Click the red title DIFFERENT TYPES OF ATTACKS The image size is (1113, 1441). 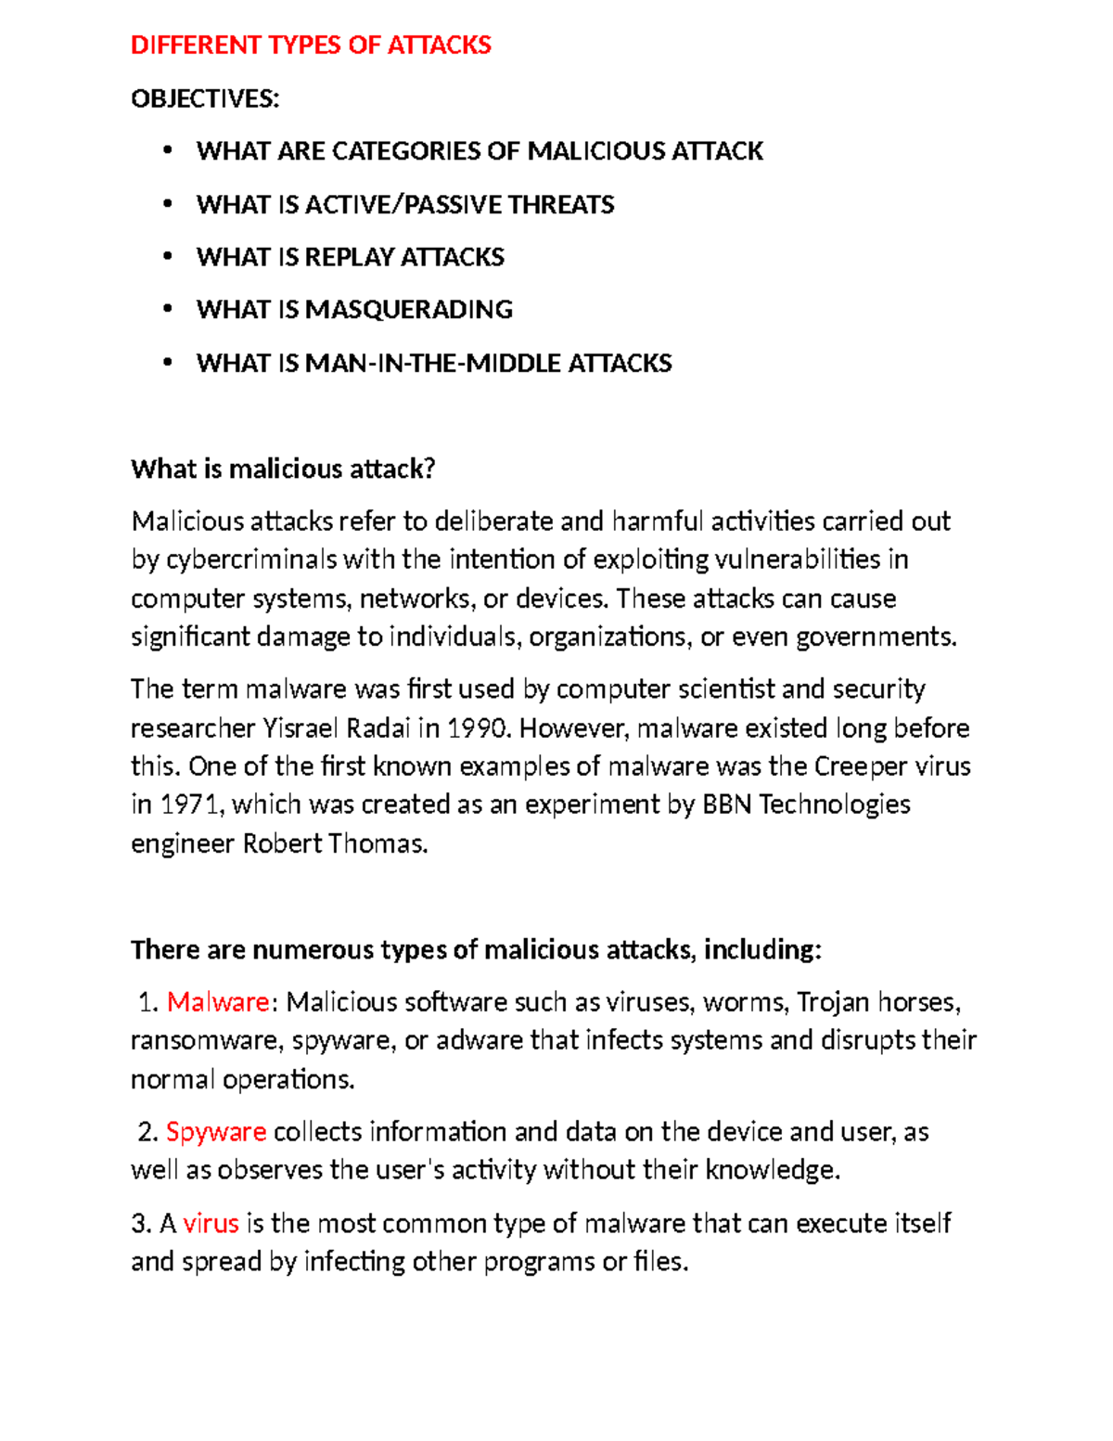[x=311, y=45]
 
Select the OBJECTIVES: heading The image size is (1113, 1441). [x=205, y=98]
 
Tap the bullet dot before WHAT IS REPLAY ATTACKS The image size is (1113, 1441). [x=168, y=256]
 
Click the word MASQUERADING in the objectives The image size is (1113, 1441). [x=409, y=310]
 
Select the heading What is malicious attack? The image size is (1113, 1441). [x=283, y=470]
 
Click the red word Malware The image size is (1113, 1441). [x=218, y=1002]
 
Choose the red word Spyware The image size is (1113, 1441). [x=216, y=1132]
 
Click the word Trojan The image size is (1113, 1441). [x=834, y=1002]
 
